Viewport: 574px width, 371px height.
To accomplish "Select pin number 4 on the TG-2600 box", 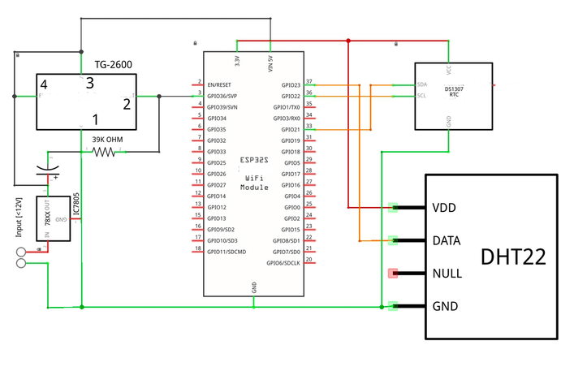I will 44,84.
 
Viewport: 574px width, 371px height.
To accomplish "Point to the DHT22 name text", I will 512,257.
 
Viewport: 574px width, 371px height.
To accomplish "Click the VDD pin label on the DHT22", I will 444,208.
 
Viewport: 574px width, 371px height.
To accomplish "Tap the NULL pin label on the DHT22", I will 447,273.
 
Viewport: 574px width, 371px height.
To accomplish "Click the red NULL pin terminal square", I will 394,273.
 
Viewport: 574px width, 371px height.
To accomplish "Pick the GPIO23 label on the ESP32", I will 290,84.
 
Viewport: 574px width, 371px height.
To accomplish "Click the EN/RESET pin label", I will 220,84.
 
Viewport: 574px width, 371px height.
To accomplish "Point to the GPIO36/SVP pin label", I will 223,96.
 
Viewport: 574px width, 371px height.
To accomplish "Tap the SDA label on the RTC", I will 422,84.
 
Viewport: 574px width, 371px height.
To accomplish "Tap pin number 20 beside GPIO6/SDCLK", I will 309,261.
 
